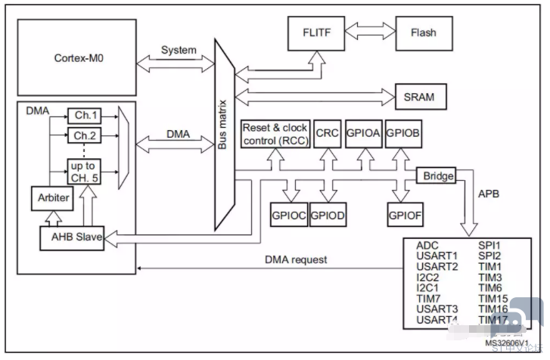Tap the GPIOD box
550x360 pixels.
pos(327,214)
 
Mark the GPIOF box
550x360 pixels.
pos(406,214)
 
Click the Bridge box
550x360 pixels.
pos(437,176)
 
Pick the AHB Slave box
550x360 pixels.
pos(73,238)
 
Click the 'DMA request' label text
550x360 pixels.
pos(296,259)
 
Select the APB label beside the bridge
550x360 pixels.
pos(487,194)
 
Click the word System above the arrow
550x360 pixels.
pos(179,51)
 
